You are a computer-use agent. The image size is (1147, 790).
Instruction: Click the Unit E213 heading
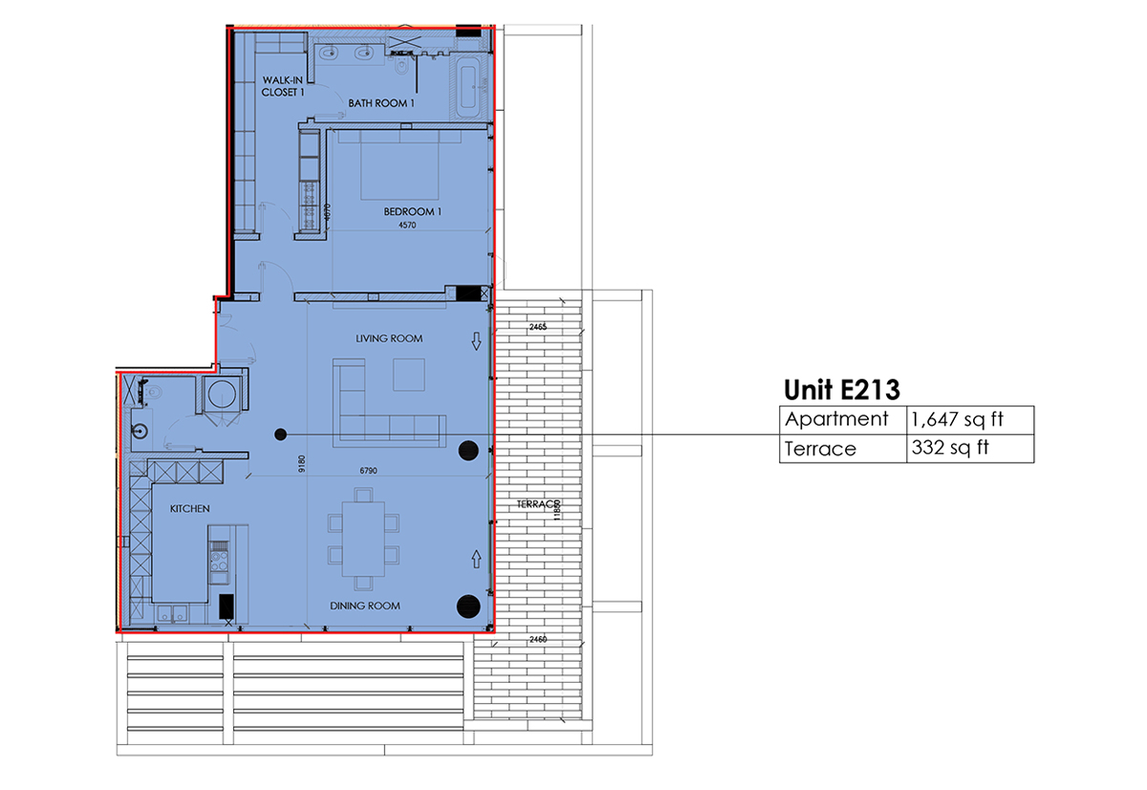(x=842, y=389)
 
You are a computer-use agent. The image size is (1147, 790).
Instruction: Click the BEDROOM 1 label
(x=412, y=211)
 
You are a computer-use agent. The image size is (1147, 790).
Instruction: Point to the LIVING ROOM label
(x=389, y=339)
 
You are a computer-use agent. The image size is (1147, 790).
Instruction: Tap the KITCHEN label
(x=189, y=509)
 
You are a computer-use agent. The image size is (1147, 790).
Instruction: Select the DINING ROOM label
(x=365, y=605)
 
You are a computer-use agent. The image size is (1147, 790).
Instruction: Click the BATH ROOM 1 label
(x=381, y=103)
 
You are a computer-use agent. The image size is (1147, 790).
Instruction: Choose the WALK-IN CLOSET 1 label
(x=283, y=86)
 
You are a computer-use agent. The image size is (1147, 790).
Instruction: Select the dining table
(x=364, y=538)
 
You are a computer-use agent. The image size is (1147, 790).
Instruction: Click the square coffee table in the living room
(x=411, y=374)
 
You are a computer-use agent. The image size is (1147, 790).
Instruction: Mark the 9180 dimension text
(x=301, y=464)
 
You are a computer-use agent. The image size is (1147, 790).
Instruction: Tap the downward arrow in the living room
(x=476, y=341)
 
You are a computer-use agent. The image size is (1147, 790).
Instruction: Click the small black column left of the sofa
(x=280, y=434)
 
